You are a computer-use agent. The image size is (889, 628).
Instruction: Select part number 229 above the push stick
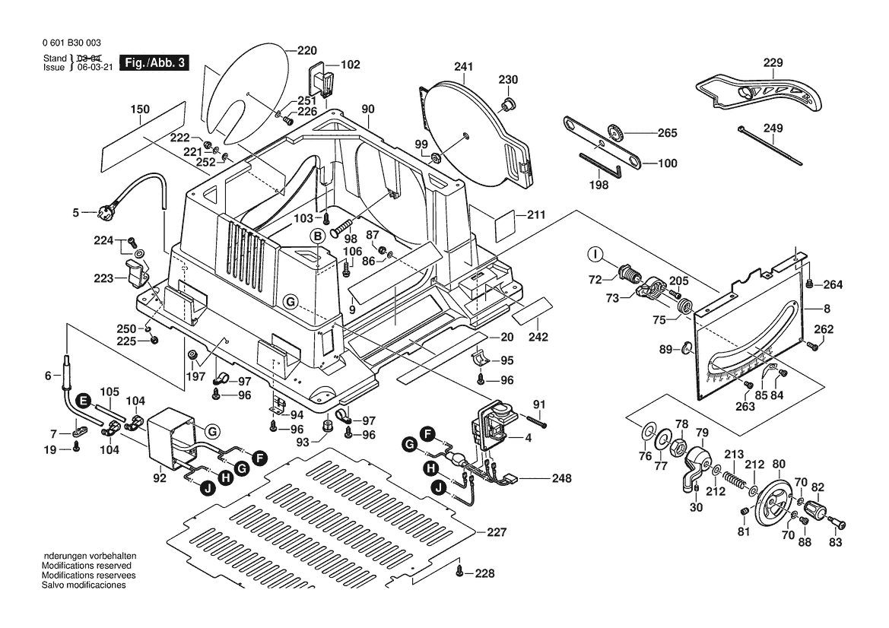(x=773, y=62)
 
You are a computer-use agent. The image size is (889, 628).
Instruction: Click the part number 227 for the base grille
(x=496, y=532)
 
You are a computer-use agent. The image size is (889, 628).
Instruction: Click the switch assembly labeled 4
(x=494, y=423)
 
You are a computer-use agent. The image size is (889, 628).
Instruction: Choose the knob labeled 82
(x=818, y=509)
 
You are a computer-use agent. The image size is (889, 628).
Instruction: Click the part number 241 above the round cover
(x=464, y=67)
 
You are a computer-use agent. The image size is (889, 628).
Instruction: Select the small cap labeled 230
(x=507, y=103)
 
